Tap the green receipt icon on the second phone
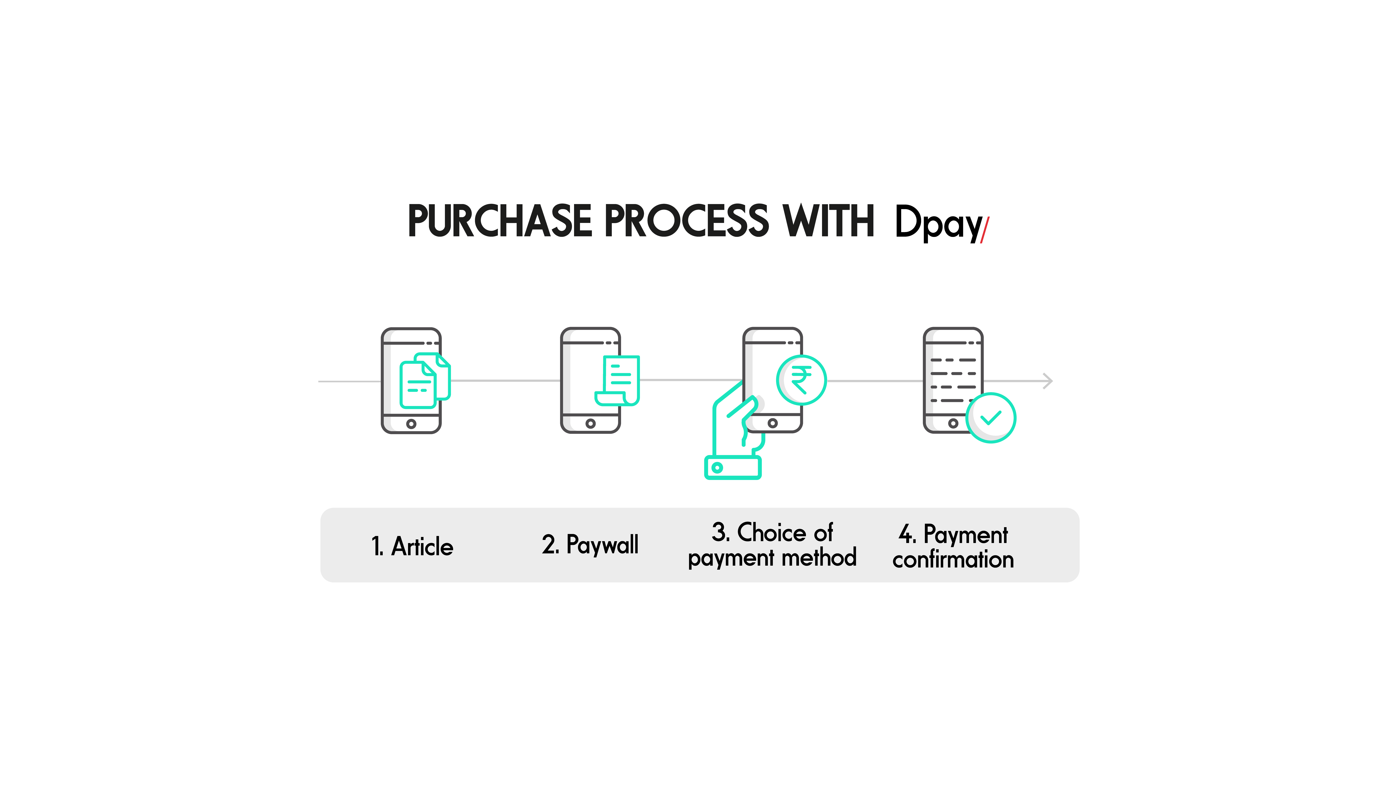tap(618, 380)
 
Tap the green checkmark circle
tap(991, 418)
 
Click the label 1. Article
tap(412, 546)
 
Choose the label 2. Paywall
tap(590, 545)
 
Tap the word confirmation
tap(953, 559)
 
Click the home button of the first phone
tap(411, 424)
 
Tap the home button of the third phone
tap(773, 423)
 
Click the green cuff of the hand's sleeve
tap(733, 468)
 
